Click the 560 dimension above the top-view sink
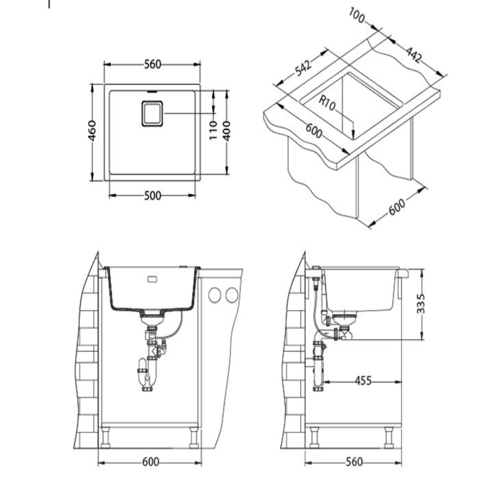point(153,65)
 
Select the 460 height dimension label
point(92,130)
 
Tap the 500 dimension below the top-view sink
point(153,196)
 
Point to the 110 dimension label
point(213,130)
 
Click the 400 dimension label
point(227,130)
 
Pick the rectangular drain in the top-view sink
point(152,114)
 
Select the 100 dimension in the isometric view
point(357,16)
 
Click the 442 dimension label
point(414,55)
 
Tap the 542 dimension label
point(303,68)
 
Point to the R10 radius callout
point(327,103)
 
